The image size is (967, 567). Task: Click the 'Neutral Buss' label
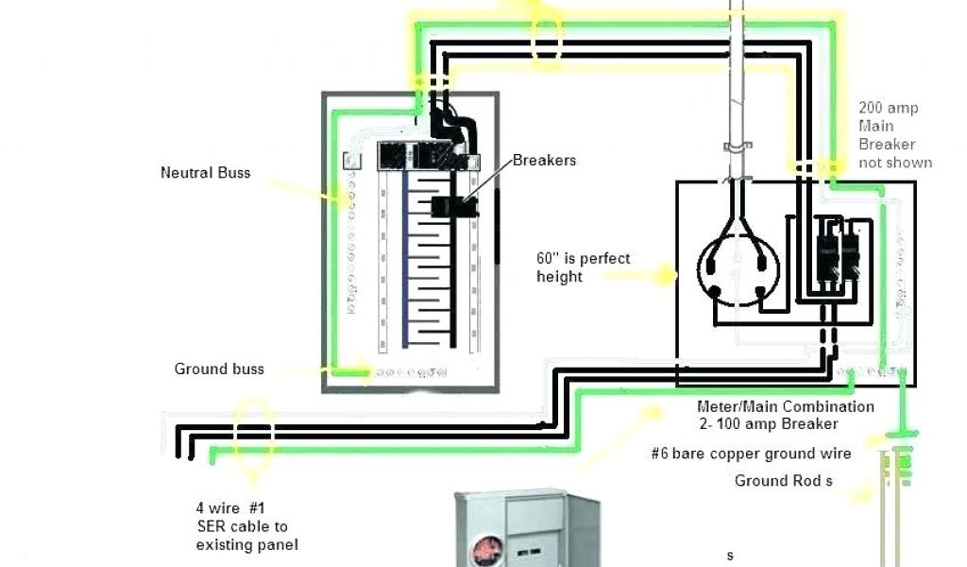205,173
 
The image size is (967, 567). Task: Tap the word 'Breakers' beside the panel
544,161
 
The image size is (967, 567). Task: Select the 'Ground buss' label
219,369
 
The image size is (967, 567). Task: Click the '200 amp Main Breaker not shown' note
893,135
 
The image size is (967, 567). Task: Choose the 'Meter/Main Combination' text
785,406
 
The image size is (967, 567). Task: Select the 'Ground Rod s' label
784,481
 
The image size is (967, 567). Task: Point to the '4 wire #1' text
229,508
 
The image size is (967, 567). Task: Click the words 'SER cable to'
242,526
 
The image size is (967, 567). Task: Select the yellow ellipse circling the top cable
547,34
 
